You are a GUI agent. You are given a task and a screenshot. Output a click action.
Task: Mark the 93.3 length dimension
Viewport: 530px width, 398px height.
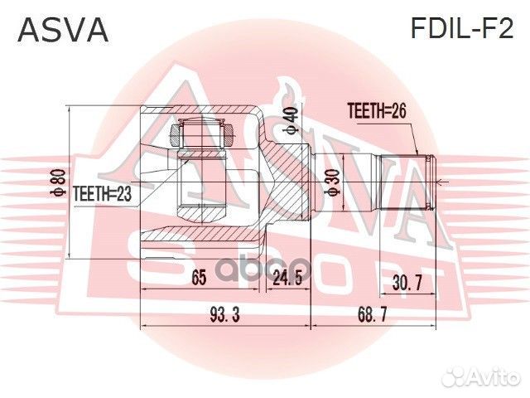pyautogui.click(x=223, y=315)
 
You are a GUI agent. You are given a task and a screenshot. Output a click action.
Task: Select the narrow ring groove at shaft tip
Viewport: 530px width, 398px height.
pyautogui.click(x=423, y=182)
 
